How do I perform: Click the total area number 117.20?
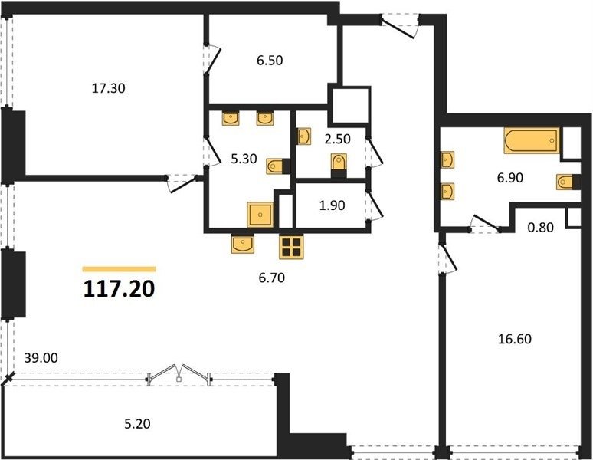[x=119, y=289]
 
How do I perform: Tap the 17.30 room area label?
[x=109, y=88]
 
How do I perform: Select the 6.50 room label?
[x=270, y=60]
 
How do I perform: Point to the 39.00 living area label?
[x=41, y=357]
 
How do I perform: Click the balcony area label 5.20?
[x=137, y=424]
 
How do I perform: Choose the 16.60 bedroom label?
[x=515, y=339]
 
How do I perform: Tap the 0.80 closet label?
[x=541, y=228]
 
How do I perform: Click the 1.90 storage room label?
[x=332, y=205]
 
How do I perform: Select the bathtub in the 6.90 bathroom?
[x=532, y=141]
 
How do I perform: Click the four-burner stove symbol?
[x=291, y=247]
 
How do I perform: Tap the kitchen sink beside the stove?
[x=242, y=244]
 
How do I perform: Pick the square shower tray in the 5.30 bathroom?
[x=260, y=215]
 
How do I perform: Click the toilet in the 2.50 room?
[x=339, y=165]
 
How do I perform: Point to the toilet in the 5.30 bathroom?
[x=278, y=166]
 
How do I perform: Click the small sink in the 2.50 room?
[x=304, y=136]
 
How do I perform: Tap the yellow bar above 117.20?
[x=119, y=269]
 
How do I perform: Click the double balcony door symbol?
[x=179, y=374]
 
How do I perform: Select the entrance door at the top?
[x=399, y=26]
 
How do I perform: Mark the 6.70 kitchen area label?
[x=271, y=278]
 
